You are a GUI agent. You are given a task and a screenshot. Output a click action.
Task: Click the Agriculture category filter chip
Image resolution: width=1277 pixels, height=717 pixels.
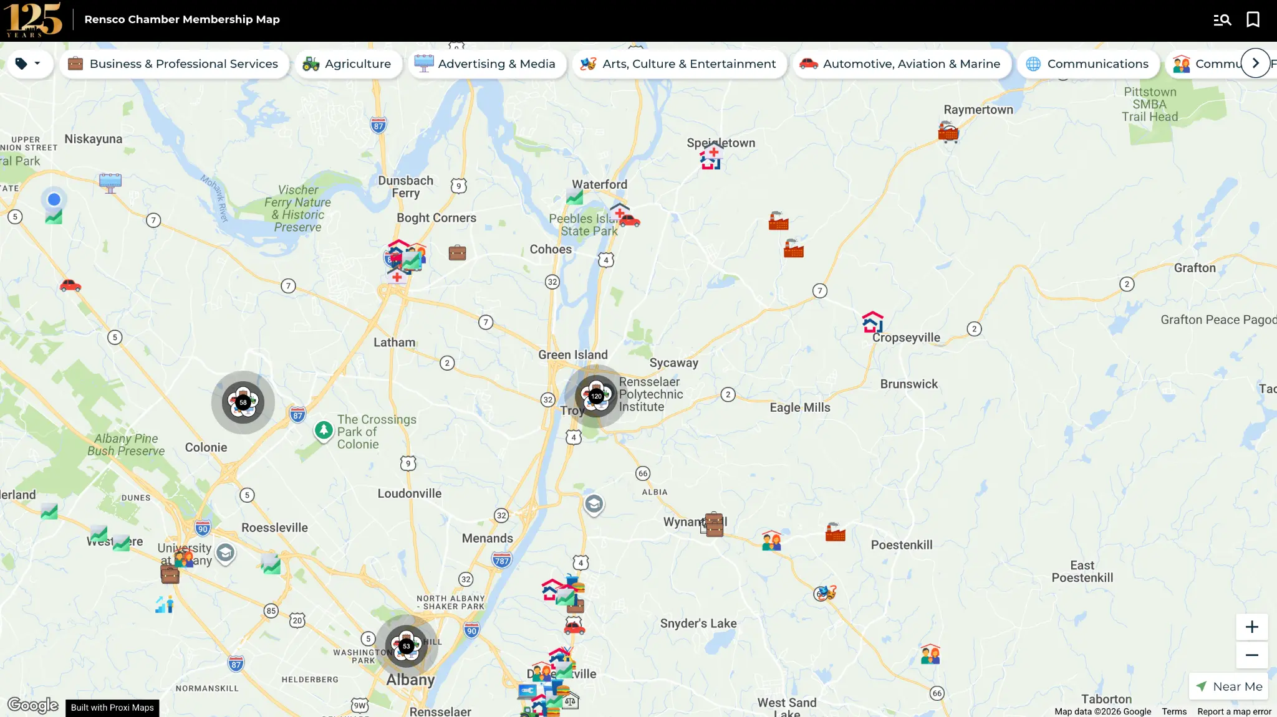point(347,64)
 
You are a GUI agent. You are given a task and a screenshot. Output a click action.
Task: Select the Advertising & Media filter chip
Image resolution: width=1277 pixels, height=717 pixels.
point(485,64)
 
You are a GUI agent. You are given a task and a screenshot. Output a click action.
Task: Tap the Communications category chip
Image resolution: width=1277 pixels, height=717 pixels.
point(1088,64)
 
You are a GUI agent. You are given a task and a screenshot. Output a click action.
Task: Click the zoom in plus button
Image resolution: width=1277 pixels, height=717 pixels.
point(1251,627)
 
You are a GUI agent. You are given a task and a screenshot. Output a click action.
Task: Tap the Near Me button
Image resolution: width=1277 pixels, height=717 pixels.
point(1229,686)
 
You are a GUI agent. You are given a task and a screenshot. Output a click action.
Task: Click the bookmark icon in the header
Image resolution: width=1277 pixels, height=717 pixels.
point(1253,19)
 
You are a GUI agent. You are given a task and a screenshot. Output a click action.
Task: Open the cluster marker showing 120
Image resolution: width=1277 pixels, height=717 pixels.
point(596,396)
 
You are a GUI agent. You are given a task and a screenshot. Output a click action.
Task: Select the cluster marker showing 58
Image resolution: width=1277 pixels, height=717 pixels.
point(243,402)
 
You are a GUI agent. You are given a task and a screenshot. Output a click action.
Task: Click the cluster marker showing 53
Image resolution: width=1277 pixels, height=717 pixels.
point(407,646)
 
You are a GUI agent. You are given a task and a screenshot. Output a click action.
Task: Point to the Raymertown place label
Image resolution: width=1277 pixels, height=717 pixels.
point(978,110)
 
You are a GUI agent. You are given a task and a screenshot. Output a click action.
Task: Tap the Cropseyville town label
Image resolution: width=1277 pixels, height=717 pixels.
point(906,338)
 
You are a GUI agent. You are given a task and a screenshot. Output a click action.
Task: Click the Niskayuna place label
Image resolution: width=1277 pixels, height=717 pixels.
point(94,139)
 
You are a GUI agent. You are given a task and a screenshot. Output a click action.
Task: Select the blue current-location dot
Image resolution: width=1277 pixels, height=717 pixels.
point(54,199)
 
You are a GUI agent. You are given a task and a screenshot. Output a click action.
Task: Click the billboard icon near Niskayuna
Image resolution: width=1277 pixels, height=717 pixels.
point(110,183)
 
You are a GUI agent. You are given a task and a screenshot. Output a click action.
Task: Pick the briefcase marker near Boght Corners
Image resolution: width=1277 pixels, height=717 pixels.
point(457,252)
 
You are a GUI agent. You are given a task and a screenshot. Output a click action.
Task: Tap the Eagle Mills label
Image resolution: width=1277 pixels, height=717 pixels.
point(800,407)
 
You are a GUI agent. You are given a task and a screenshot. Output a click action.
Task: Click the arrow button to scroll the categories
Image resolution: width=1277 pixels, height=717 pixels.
point(1255,63)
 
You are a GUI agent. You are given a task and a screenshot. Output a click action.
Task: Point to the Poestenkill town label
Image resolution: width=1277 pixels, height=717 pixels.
point(902,545)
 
